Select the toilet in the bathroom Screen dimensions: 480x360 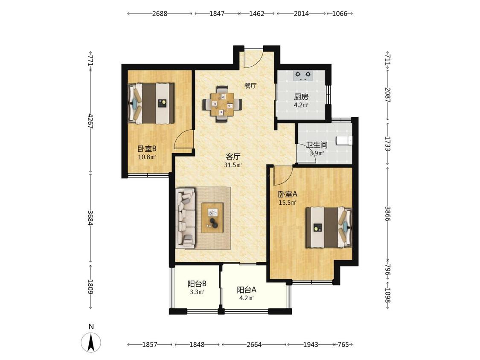point(344,140)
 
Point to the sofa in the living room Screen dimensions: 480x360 point(186,218)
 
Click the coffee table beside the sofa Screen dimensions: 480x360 point(212,218)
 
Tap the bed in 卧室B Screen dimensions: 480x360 point(151,103)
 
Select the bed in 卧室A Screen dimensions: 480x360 point(329,227)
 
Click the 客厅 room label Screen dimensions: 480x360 point(233,157)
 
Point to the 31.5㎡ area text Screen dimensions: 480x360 point(233,165)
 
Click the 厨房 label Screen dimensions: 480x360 point(301,97)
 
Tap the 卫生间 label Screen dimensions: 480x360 point(317,145)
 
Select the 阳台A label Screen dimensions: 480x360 point(247,290)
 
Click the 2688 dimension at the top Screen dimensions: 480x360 point(160,14)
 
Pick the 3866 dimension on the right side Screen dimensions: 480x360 point(387,214)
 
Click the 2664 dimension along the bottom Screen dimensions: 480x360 point(254,345)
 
